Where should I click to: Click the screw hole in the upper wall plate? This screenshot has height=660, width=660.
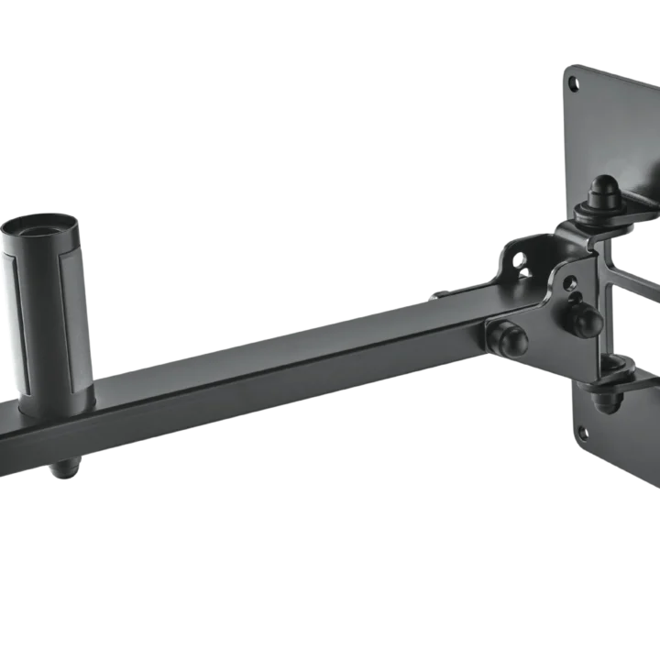click(575, 84)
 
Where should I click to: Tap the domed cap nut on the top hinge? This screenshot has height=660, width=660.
click(602, 192)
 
